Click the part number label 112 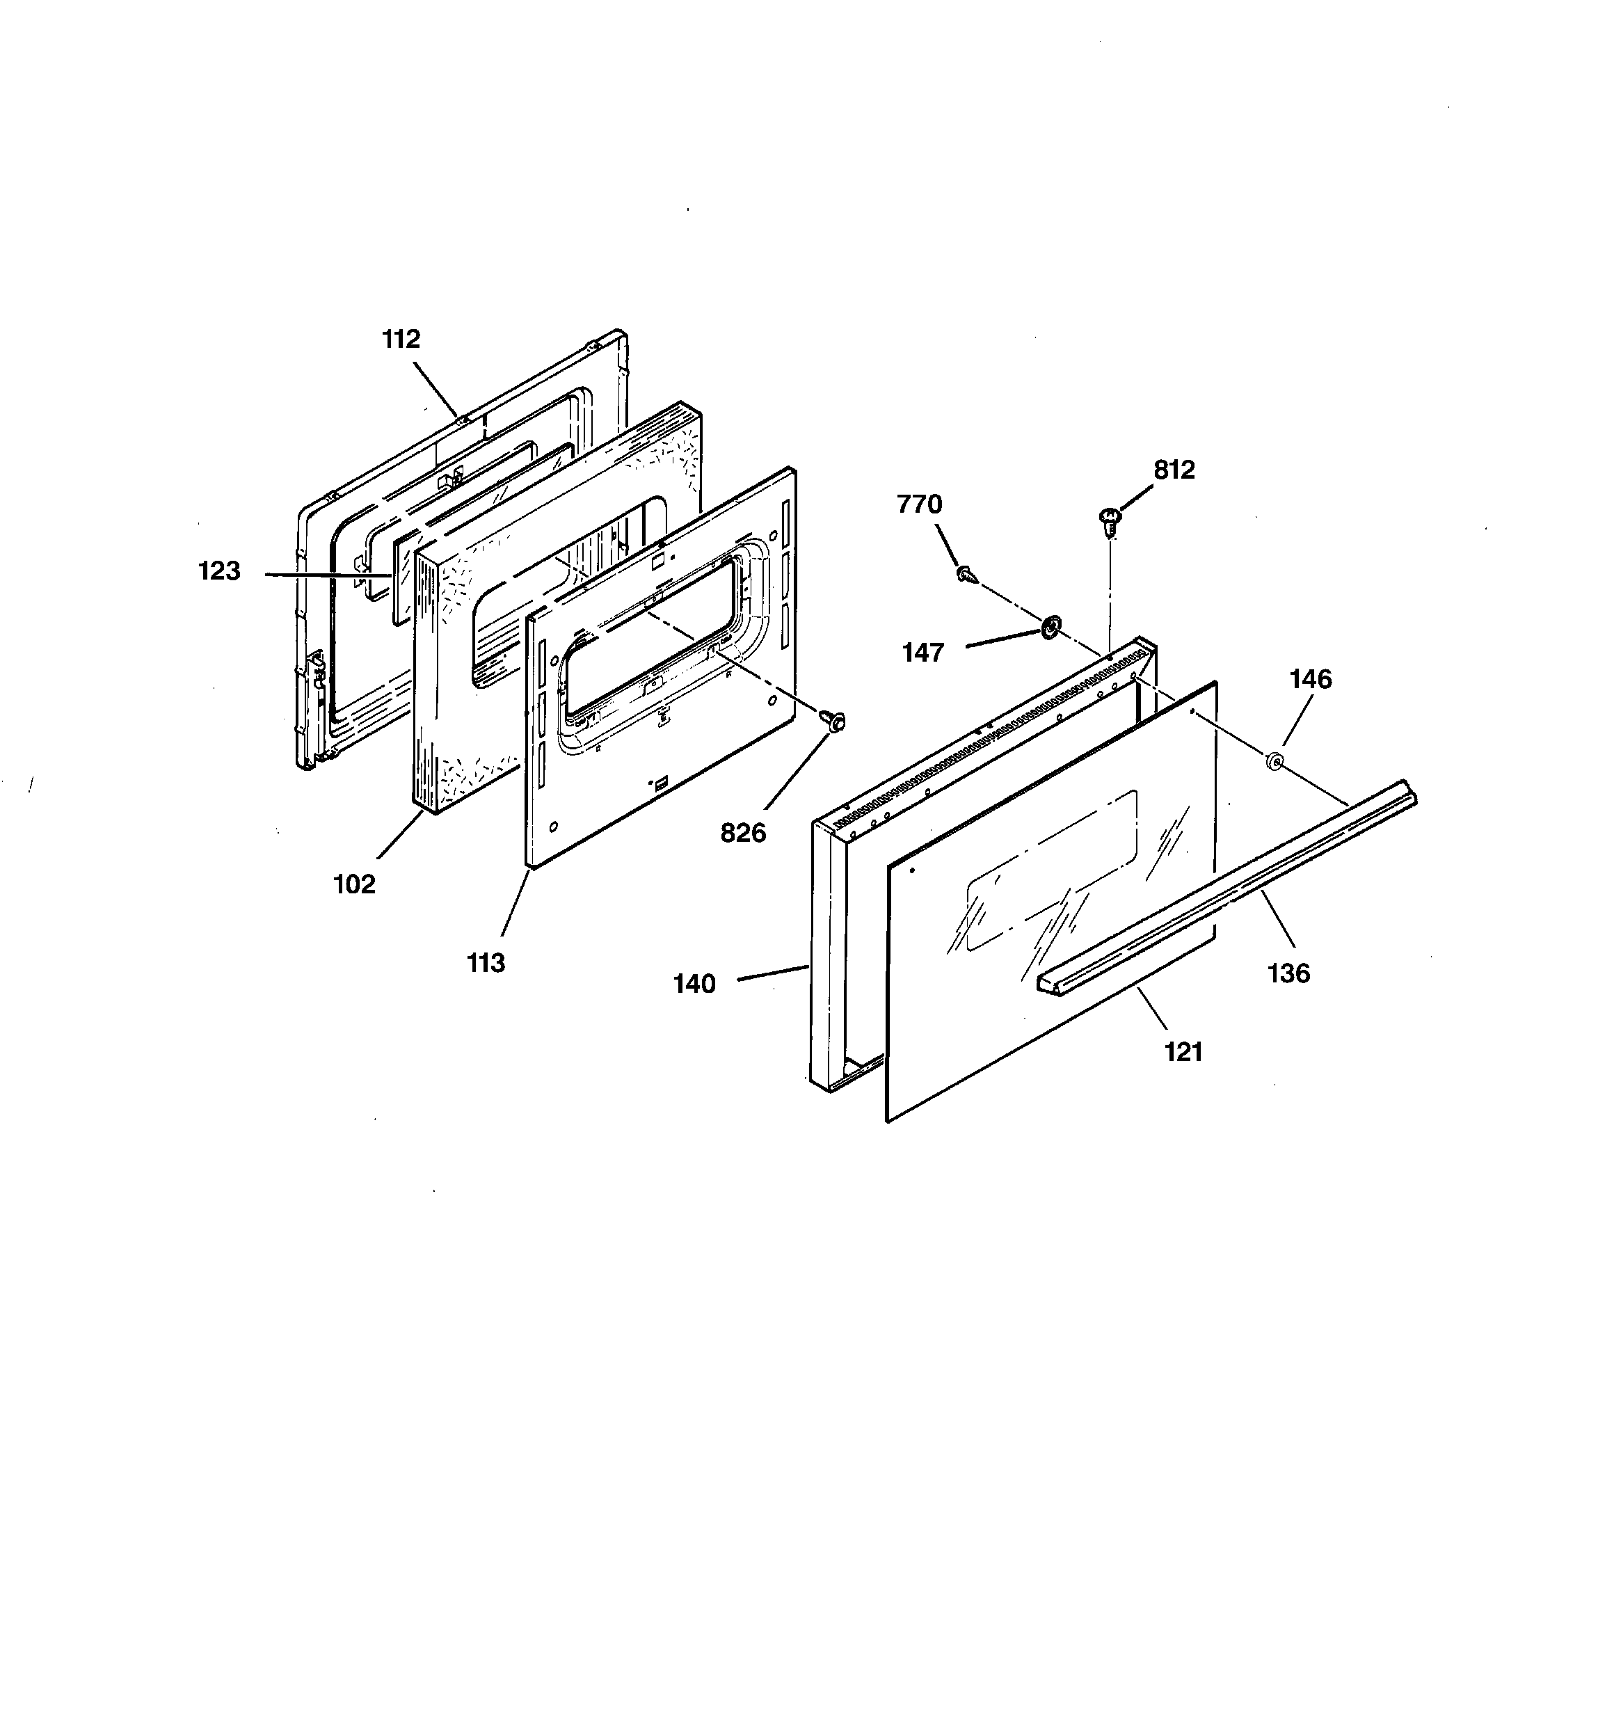[401, 340]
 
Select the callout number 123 [219, 572]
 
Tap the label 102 [354, 884]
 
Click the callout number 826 [743, 834]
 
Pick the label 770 [919, 504]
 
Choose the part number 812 [1174, 470]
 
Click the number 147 [922, 652]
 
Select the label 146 [1310, 679]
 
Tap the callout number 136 [1288, 973]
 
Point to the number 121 [1183, 1053]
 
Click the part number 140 [695, 984]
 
